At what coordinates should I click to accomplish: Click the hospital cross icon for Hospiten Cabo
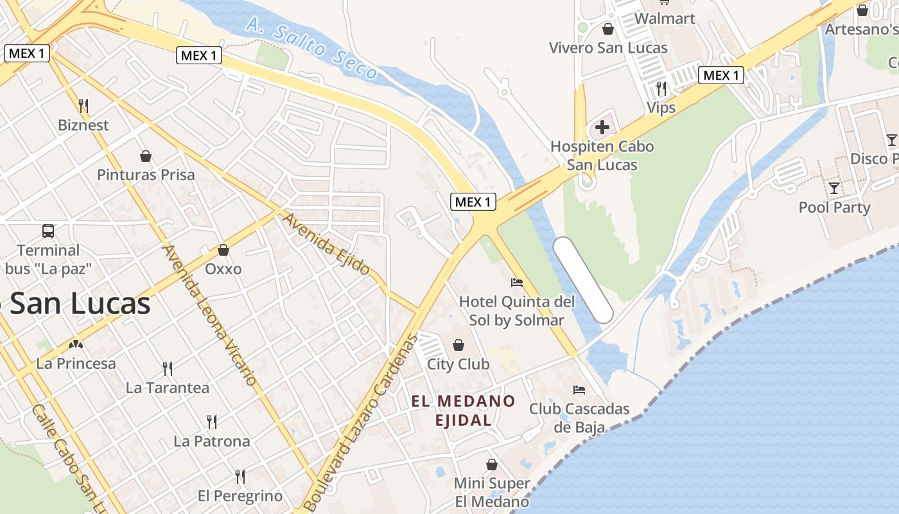click(x=602, y=127)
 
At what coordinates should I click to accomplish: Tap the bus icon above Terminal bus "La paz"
click(x=48, y=231)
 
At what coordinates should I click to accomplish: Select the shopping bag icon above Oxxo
click(x=223, y=250)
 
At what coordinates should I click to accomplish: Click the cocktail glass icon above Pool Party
click(x=834, y=188)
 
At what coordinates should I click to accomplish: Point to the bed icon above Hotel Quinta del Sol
click(x=516, y=282)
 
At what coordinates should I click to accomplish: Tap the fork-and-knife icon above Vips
click(x=661, y=88)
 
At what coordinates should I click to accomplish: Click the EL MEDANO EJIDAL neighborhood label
click(x=463, y=411)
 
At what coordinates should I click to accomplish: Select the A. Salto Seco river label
click(x=311, y=48)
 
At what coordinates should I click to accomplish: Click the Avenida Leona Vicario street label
click(x=210, y=315)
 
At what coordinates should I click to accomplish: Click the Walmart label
click(x=665, y=19)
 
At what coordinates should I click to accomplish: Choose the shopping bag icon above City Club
click(x=458, y=345)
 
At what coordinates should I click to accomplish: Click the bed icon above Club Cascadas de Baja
click(x=579, y=389)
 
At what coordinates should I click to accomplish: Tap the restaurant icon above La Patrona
click(x=212, y=421)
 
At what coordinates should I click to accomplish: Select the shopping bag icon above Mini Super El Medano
click(x=492, y=464)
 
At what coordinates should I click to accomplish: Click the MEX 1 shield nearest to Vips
click(x=720, y=75)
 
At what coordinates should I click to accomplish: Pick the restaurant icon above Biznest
click(x=83, y=105)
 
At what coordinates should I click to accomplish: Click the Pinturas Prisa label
click(x=146, y=175)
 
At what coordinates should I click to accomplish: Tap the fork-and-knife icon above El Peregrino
click(x=240, y=476)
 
